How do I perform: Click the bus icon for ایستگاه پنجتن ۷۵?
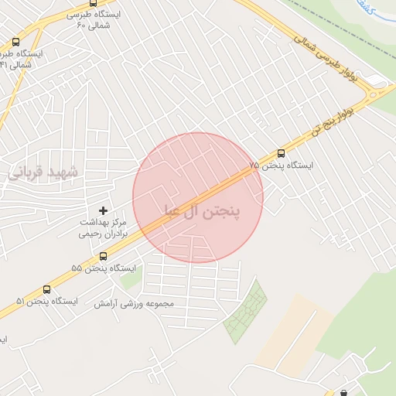[x=282, y=153]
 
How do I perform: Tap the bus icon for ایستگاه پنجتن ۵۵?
[x=103, y=256]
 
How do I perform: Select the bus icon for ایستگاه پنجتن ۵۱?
[x=47, y=288]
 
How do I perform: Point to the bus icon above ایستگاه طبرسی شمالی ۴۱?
[x=16, y=43]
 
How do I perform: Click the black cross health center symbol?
[x=103, y=210]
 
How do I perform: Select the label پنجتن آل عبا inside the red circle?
[x=202, y=210]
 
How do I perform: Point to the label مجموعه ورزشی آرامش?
[x=135, y=303]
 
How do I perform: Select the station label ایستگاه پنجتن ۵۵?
[x=103, y=268]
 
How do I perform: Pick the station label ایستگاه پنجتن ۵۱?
[x=47, y=300]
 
